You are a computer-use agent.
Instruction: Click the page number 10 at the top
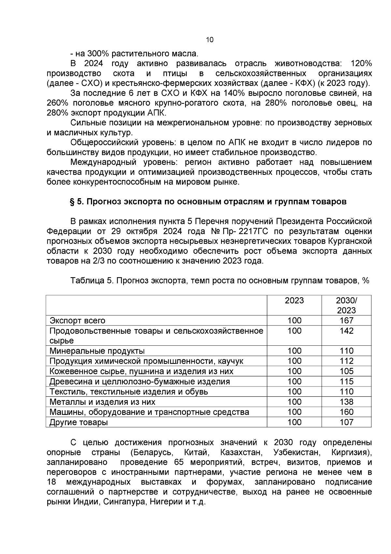[210, 40]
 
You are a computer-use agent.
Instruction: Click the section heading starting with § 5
[208, 202]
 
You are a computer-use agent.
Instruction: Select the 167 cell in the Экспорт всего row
[346, 321]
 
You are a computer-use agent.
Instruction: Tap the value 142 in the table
[346, 331]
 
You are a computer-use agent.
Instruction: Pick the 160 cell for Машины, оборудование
[346, 412]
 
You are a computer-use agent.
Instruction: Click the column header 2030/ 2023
[346, 306]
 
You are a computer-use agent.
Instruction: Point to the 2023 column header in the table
[294, 301]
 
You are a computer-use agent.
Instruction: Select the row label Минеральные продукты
[97, 351]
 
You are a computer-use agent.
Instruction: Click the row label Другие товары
[79, 422]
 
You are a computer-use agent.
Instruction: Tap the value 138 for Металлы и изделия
[346, 402]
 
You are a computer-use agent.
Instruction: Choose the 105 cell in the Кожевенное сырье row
[346, 372]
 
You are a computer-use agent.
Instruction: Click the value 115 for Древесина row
[346, 382]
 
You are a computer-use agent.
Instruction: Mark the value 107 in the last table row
[346, 422]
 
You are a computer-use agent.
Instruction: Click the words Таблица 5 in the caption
[91, 281]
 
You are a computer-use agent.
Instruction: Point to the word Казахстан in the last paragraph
[241, 453]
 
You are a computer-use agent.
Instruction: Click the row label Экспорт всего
[77, 321]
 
